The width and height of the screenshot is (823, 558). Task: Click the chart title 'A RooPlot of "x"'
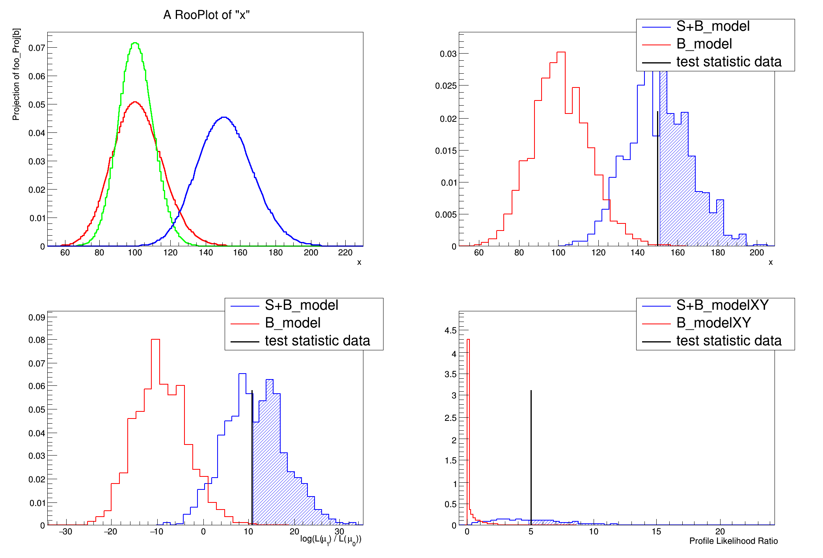click(x=206, y=15)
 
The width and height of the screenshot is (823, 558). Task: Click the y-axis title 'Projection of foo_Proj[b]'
click(x=16, y=74)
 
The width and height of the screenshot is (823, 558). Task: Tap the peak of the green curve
click(x=135, y=43)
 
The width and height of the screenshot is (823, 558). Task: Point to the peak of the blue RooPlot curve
click(x=223, y=117)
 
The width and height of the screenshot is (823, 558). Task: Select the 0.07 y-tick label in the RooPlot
click(x=37, y=48)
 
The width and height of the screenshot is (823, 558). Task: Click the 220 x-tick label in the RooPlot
click(x=345, y=253)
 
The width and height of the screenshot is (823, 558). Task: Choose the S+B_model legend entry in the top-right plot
click(x=713, y=26)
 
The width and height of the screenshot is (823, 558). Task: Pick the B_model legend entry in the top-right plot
click(x=704, y=44)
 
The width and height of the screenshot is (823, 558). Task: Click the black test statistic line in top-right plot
click(x=657, y=177)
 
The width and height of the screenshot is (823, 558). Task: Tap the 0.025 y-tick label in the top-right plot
click(x=446, y=86)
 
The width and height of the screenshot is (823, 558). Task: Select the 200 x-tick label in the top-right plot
click(x=756, y=253)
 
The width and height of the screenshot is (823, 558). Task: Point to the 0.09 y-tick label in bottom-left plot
click(x=37, y=317)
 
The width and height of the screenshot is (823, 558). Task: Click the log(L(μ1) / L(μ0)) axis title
click(x=330, y=539)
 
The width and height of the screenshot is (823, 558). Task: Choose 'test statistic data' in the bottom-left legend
click(x=317, y=341)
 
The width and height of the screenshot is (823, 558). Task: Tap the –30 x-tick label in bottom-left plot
click(x=65, y=532)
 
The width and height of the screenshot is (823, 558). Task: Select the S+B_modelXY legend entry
click(x=722, y=305)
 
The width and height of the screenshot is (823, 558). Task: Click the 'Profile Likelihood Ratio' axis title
click(x=733, y=541)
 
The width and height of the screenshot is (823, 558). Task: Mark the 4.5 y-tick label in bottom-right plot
click(x=451, y=330)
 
